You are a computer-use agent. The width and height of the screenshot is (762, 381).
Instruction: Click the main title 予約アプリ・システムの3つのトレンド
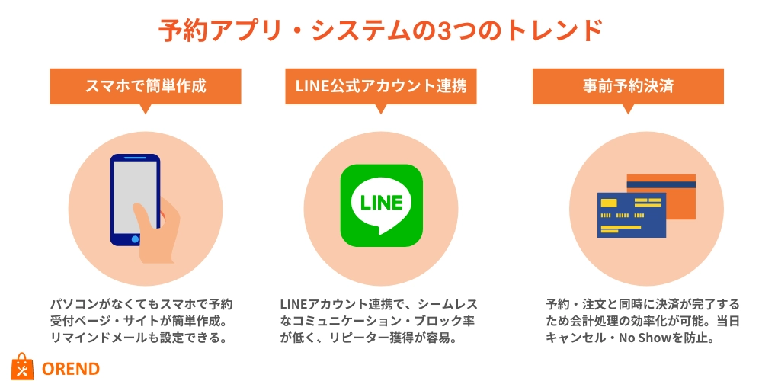coord(380,30)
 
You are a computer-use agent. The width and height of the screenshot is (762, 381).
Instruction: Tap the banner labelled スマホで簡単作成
coord(146,87)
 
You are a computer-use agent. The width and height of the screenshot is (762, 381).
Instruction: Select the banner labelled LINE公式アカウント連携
coord(380,87)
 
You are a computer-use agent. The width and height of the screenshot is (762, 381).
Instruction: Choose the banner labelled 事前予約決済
coord(628,87)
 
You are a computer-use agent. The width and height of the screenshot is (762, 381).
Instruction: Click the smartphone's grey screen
coord(135,194)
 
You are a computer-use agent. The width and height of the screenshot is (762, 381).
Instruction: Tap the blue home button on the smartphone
coord(135,239)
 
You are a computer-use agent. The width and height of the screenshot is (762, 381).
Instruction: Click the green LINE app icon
coord(382,206)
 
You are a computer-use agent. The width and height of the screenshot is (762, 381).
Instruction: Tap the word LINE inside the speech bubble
coord(382,202)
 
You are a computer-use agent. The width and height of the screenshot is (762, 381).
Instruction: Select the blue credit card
coord(631,216)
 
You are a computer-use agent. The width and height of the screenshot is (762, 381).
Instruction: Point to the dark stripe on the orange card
coord(661,184)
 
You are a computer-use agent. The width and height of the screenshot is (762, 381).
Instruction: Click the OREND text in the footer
coord(71,369)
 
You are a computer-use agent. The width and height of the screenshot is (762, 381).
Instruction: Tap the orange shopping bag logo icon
coord(23,367)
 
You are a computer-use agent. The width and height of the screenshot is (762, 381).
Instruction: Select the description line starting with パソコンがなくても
coord(142,305)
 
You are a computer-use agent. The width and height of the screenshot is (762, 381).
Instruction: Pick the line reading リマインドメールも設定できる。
coord(139,338)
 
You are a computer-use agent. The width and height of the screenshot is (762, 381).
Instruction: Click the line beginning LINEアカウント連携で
coord(379,305)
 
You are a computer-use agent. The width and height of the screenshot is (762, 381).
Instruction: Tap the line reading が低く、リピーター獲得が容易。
coord(368,338)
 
